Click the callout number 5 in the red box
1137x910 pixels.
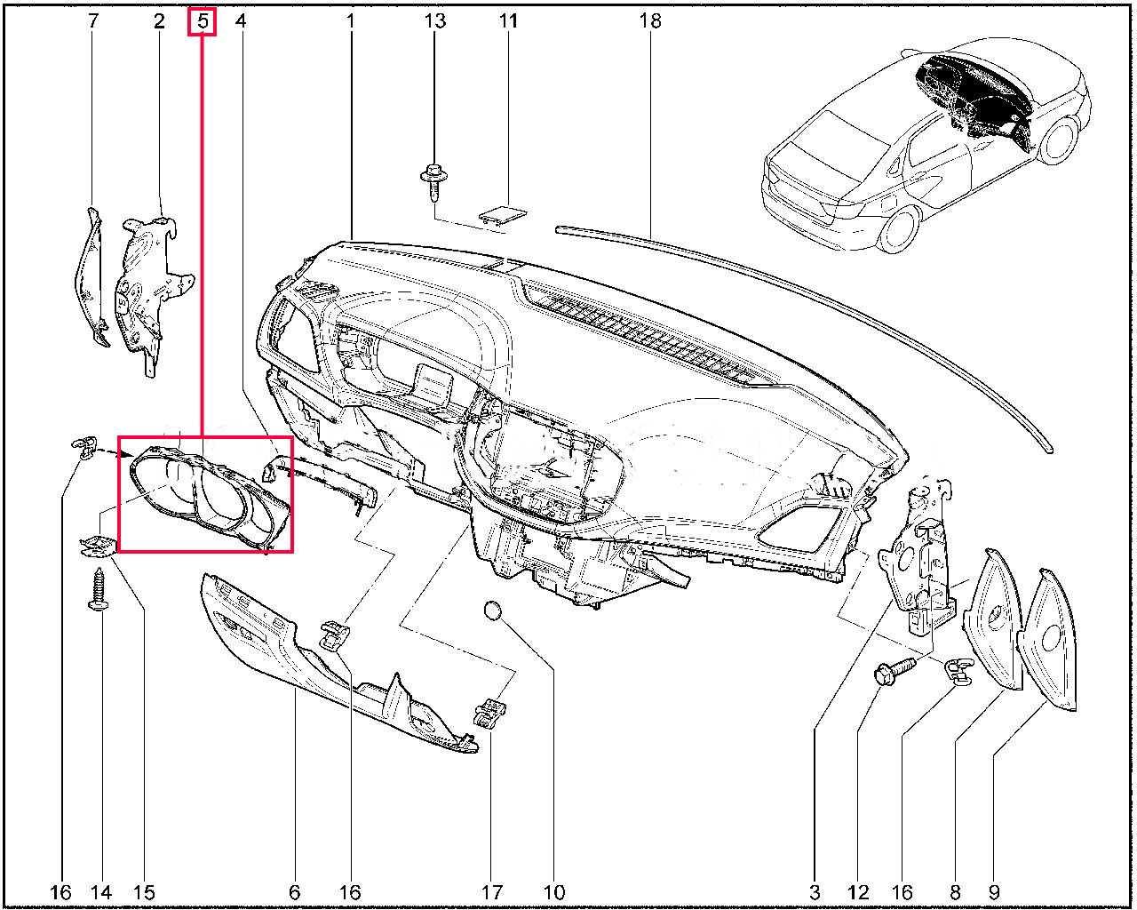(203, 21)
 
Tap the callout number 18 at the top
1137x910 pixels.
(650, 21)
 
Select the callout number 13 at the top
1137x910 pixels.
(435, 21)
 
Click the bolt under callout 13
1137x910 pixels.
(434, 183)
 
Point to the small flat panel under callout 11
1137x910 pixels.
(503, 213)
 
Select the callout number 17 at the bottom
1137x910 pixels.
(491, 892)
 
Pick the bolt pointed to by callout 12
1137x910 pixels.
(894, 670)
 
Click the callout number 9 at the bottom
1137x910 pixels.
(994, 892)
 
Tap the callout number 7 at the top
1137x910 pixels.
(93, 21)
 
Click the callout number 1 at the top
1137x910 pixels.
(350, 21)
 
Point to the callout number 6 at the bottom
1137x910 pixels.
(294, 892)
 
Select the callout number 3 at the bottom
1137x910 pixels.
(815, 892)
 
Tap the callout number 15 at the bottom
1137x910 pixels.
(144, 892)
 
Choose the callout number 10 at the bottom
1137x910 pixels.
(553, 892)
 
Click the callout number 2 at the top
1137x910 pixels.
(159, 21)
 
